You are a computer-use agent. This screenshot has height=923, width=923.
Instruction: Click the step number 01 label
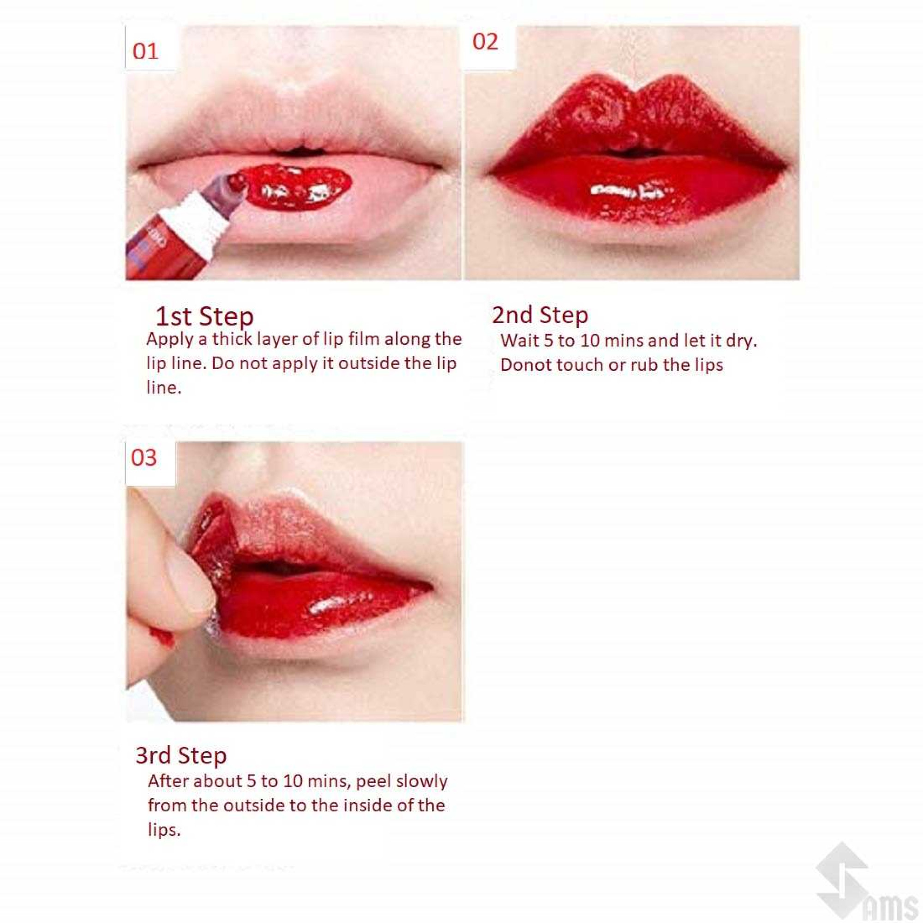(145, 51)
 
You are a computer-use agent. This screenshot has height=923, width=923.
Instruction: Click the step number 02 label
(485, 42)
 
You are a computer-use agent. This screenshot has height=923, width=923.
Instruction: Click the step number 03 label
(144, 457)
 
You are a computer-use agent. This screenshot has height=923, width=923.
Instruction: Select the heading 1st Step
(204, 316)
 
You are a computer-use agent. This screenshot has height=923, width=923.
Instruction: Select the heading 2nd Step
(540, 315)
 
